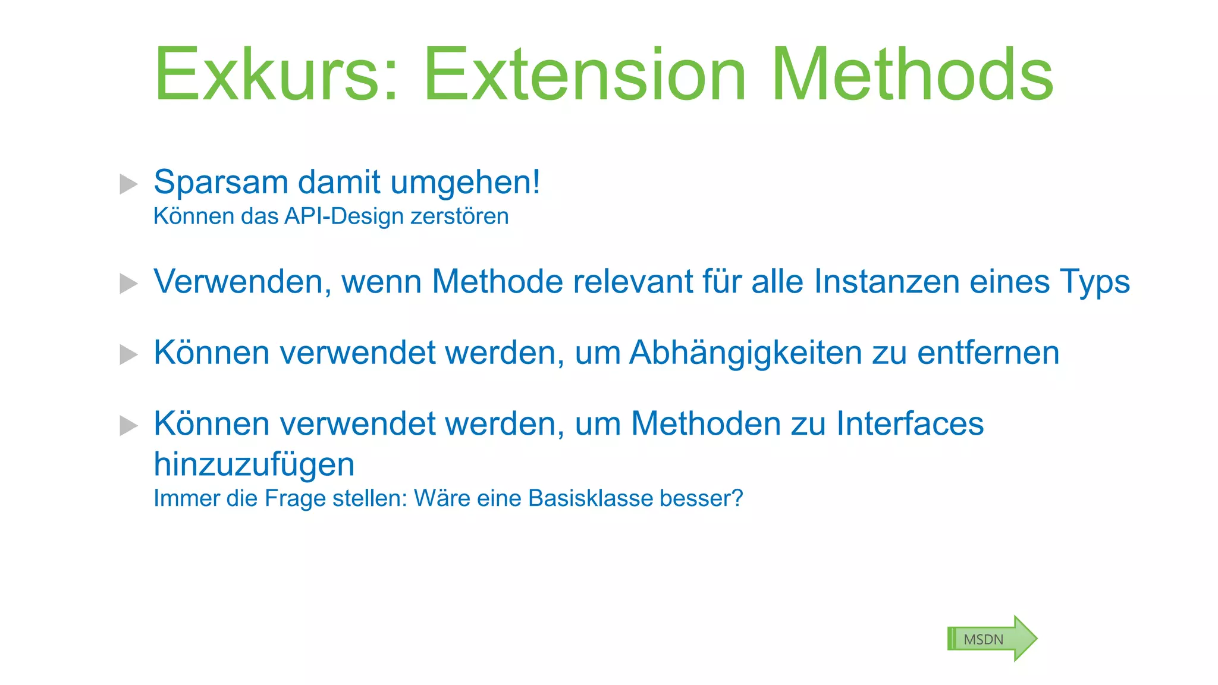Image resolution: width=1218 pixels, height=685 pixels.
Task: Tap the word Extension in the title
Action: click(x=585, y=75)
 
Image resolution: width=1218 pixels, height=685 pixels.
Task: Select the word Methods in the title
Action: click(x=912, y=75)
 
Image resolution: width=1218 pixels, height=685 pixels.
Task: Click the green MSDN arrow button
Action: click(x=991, y=639)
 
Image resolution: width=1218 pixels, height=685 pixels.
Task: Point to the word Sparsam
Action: click(x=221, y=182)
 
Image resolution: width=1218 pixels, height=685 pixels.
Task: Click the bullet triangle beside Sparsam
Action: click(x=128, y=184)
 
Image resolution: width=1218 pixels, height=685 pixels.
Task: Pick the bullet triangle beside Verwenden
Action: click(x=128, y=283)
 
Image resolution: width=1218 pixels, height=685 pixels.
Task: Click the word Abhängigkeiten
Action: click(x=746, y=353)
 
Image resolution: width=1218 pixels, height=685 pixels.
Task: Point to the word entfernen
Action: click(x=988, y=353)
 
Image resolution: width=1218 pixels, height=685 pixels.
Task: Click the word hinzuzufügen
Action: click(x=254, y=464)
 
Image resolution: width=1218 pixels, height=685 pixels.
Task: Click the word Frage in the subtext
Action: click(x=294, y=499)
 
